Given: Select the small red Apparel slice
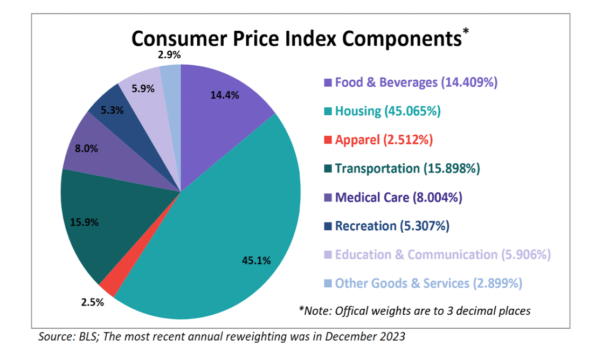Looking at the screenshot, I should (108, 287).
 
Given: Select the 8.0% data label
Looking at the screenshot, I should (87, 149).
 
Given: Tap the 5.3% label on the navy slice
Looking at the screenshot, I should (112, 110).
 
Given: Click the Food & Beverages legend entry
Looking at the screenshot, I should (416, 82).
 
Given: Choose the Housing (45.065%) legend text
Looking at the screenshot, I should (388, 111).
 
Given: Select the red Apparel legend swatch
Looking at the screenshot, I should (328, 140).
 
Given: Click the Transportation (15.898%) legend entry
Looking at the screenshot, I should (407, 168).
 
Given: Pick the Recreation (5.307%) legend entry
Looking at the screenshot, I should (392, 226).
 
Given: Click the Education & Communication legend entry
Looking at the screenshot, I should (442, 254).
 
